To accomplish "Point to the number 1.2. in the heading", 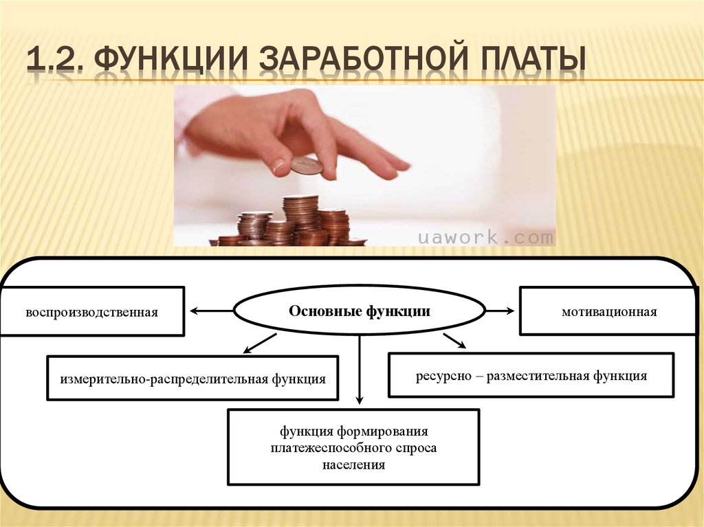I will click(x=55, y=60).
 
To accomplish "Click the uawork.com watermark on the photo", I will click(x=486, y=238).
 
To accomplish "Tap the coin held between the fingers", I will click(x=306, y=166).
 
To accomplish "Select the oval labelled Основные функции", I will click(x=360, y=311).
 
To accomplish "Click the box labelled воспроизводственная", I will click(x=92, y=312).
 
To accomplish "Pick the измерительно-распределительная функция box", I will click(x=192, y=378).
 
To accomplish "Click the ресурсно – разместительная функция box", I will click(x=531, y=376).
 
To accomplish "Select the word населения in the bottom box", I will click(x=353, y=465).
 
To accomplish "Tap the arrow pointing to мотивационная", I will click(x=500, y=311).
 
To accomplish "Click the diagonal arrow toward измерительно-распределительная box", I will click(x=260, y=342).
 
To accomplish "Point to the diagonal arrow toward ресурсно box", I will click(x=454, y=340).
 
